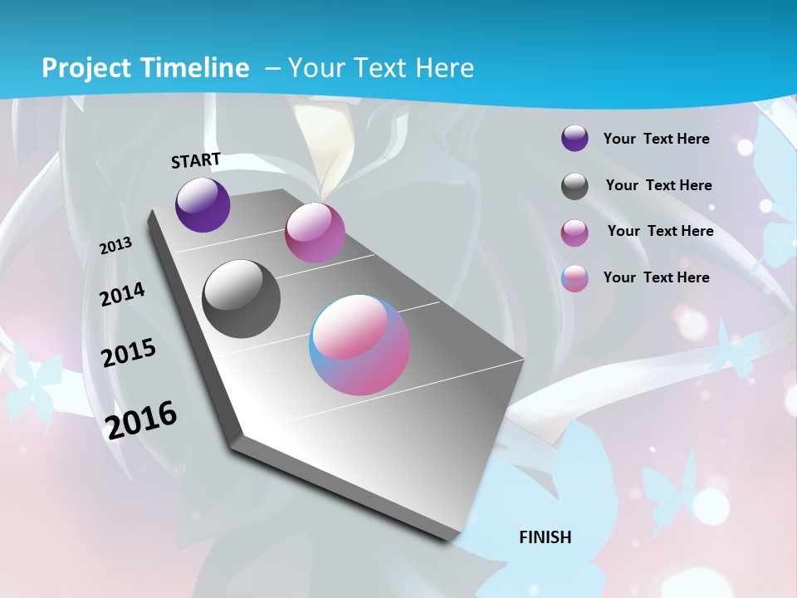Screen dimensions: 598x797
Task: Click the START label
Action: [196, 160]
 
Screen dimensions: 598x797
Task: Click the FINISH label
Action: [545, 537]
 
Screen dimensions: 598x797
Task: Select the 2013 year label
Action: [115, 246]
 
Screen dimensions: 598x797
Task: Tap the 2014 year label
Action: [122, 295]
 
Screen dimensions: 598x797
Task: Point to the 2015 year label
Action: [128, 353]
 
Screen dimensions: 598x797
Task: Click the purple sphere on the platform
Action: [203, 205]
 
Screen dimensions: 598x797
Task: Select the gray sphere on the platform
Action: [241, 299]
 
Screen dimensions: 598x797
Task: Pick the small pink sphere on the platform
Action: [315, 233]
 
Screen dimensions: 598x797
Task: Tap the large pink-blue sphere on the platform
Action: [359, 345]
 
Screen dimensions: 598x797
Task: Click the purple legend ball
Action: [575, 139]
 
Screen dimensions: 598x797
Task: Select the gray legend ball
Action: [575, 186]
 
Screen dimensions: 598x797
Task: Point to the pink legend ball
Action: [575, 233]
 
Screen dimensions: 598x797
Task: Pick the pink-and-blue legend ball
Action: [575, 278]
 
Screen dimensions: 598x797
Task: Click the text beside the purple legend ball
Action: [656, 139]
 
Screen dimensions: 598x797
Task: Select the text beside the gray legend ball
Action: [658, 185]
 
